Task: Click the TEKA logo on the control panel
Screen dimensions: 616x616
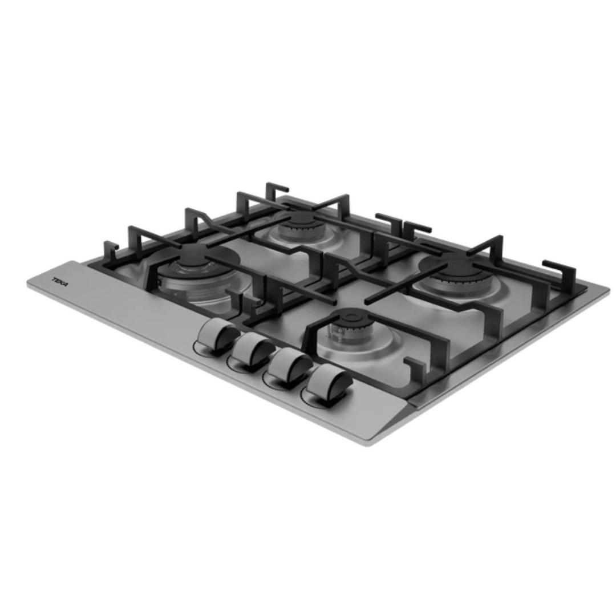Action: (x=60, y=282)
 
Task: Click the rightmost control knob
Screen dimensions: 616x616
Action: (x=328, y=385)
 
